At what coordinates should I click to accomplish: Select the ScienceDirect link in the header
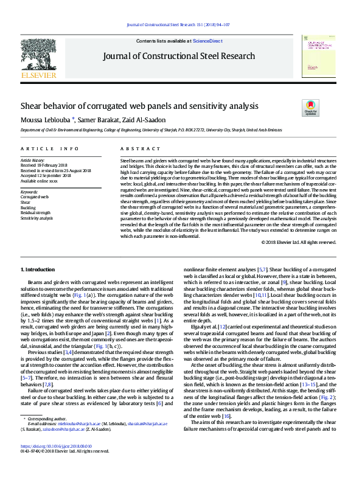point(207,40)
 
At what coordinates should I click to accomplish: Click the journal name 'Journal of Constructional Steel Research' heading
point(179,57)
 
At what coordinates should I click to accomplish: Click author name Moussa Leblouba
point(47,119)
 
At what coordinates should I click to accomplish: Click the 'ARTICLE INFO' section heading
point(49,148)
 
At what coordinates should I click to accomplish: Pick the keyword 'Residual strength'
point(36,213)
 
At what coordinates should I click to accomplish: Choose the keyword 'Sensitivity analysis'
point(37,218)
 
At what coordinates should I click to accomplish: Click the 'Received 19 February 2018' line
point(44,164)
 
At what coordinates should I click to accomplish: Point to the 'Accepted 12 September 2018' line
point(46,174)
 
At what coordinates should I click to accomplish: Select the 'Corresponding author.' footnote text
point(47,419)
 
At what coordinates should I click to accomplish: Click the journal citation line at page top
point(181,25)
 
